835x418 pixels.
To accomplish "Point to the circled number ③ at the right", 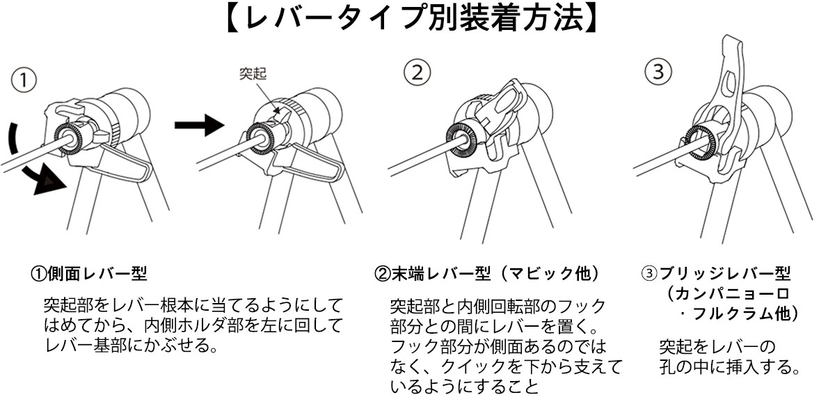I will [x=658, y=71].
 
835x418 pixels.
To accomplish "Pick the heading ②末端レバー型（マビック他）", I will [x=487, y=273].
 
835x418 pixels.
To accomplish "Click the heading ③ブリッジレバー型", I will [x=716, y=273].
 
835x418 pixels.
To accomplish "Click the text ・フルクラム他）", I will [x=738, y=313].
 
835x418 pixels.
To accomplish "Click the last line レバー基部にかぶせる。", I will [x=132, y=346].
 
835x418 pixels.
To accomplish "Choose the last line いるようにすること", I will [x=464, y=386].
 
